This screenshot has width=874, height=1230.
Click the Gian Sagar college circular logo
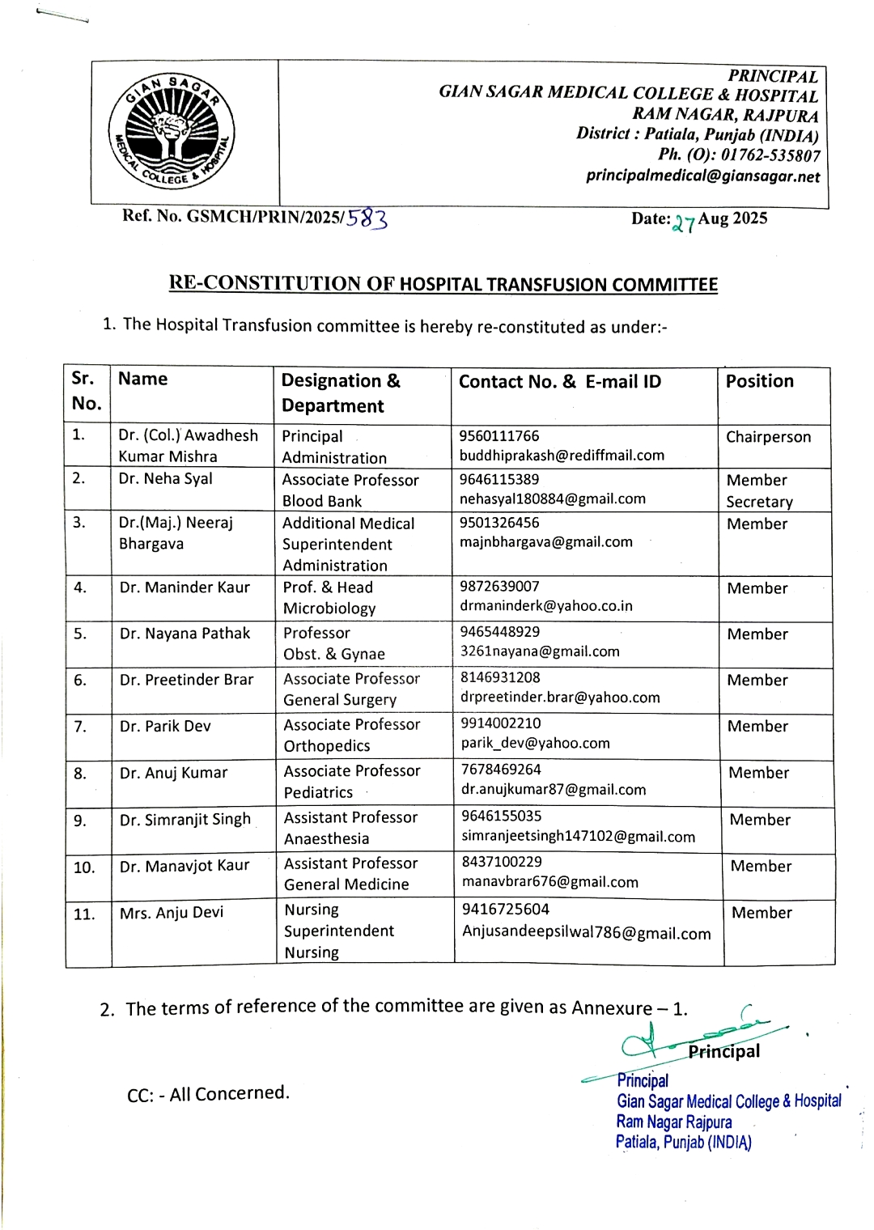[172, 132]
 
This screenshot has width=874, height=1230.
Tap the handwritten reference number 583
[367, 218]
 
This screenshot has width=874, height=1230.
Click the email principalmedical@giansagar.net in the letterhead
[702, 176]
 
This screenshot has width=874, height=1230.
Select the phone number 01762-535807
[770, 155]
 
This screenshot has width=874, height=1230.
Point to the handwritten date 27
[684, 223]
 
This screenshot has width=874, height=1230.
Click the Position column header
[759, 381]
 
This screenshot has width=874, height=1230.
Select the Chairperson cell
[768, 437]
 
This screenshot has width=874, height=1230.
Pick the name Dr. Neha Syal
[165, 478]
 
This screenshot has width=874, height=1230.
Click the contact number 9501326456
[499, 523]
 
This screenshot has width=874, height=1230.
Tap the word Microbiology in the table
[329, 609]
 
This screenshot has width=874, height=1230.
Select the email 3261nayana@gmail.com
[540, 651]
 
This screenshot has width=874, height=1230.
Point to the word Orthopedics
[327, 746]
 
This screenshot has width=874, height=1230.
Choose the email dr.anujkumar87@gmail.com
[554, 790]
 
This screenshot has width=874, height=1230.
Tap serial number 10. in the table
[84, 867]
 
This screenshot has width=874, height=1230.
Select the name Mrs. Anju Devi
[172, 913]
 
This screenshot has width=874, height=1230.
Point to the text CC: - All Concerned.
[208, 1094]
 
